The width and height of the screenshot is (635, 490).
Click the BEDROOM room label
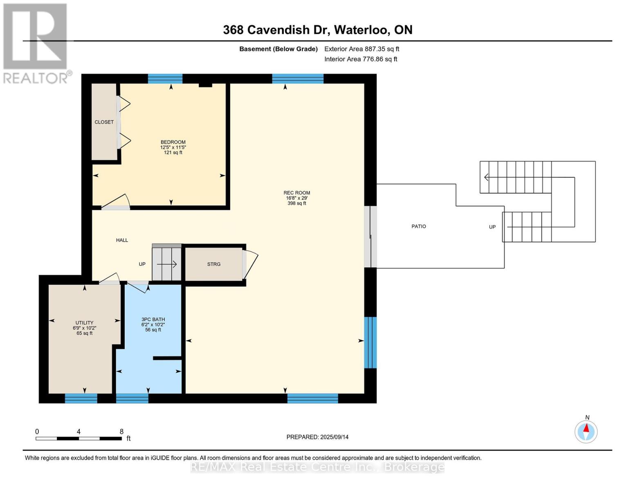pyautogui.click(x=173, y=142)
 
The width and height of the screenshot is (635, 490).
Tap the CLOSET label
pyautogui.click(x=104, y=122)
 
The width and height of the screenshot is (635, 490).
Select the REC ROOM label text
pyautogui.click(x=296, y=193)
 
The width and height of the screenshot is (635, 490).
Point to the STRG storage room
pyautogui.click(x=213, y=264)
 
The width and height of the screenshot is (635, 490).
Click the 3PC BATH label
pyautogui.click(x=153, y=320)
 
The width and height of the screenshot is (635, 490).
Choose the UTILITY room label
pyautogui.click(x=85, y=323)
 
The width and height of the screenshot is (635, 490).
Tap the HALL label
pyautogui.click(x=122, y=240)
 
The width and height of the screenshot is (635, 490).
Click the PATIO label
pyautogui.click(x=418, y=227)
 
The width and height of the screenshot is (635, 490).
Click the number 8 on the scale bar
pyautogui.click(x=121, y=432)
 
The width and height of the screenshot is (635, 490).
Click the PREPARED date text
pyautogui.click(x=317, y=437)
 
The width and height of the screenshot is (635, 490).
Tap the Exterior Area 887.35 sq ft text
pyautogui.click(x=361, y=49)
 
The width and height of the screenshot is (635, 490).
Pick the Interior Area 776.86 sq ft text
pyautogui.click(x=361, y=59)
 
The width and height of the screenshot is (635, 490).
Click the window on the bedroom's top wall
pyautogui.click(x=165, y=79)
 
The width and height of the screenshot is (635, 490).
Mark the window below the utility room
pyautogui.click(x=81, y=399)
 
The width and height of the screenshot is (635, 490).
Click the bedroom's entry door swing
pyautogui.click(x=116, y=202)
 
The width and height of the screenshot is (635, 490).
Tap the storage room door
pyautogui.click(x=250, y=264)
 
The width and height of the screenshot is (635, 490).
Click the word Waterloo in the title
pyautogui.click(x=361, y=30)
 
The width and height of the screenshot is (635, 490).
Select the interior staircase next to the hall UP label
pyautogui.click(x=166, y=263)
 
